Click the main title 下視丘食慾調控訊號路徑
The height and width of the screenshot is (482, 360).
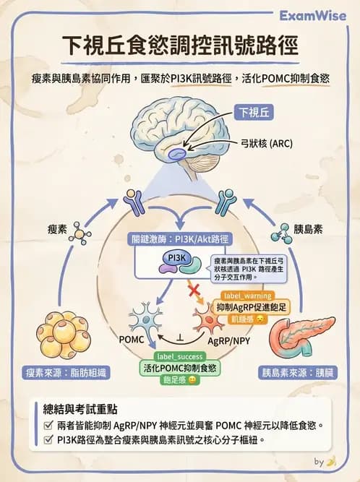(x=180, y=47)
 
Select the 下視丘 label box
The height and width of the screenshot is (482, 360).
(x=254, y=112)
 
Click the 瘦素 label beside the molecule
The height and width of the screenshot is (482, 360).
(x=57, y=229)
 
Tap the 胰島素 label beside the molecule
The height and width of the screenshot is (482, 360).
(x=307, y=229)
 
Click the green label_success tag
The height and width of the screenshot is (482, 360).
(x=179, y=357)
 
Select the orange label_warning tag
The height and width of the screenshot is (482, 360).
(x=247, y=296)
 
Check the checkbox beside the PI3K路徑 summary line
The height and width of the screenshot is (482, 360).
(x=48, y=440)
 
